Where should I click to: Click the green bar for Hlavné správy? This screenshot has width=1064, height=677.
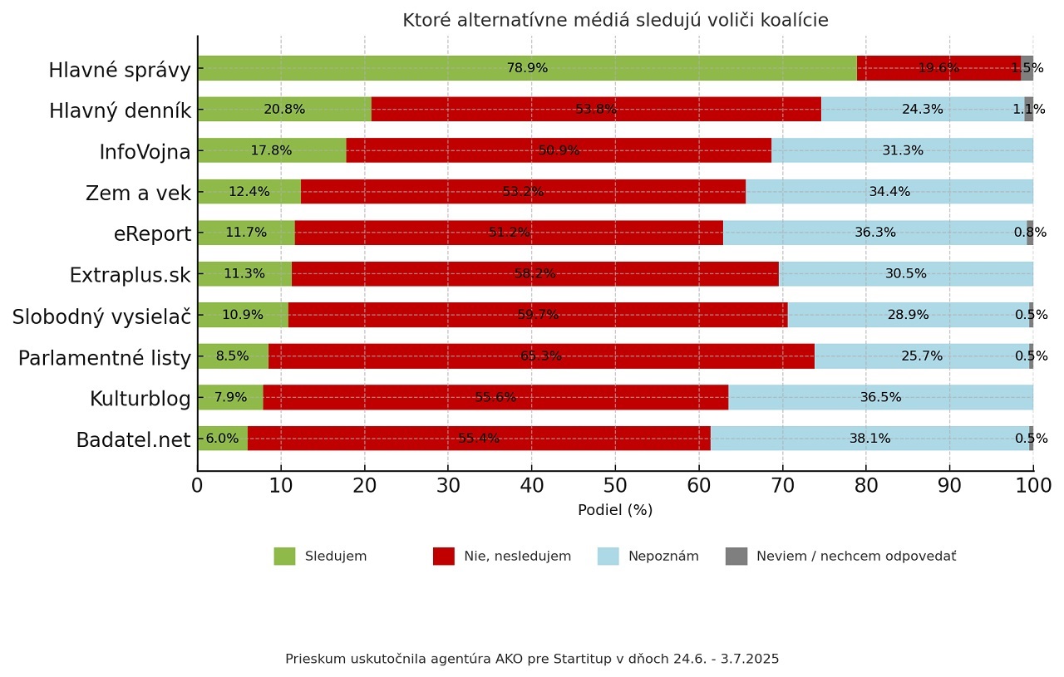tap(416, 68)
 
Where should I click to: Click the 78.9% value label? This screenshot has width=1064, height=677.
tap(527, 68)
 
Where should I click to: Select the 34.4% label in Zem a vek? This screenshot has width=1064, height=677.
tap(889, 192)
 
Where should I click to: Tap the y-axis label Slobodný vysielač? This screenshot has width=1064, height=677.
tap(101, 316)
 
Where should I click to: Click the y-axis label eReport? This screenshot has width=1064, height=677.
tap(152, 234)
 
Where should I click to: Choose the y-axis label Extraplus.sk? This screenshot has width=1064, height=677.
tap(131, 275)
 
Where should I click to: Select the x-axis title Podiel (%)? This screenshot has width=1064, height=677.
tap(615, 510)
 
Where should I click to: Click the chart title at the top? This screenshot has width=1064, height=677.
tap(615, 21)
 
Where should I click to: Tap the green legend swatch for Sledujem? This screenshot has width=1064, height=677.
tap(284, 557)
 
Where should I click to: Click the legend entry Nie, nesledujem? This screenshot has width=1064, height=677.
tap(517, 557)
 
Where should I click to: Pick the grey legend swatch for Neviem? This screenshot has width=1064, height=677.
tap(736, 557)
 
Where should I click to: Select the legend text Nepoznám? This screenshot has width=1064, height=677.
tap(663, 557)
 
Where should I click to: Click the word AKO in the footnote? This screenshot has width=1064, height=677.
tap(508, 659)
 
